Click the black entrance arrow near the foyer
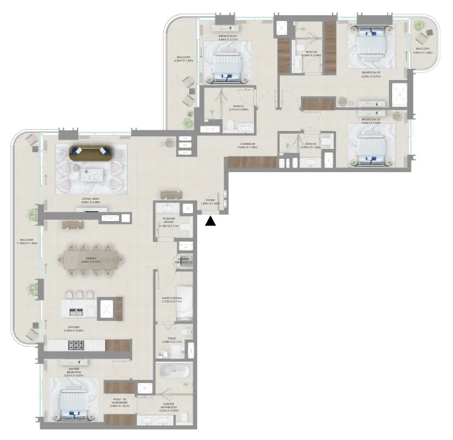pyautogui.click(x=210, y=222)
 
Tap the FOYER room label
pyautogui.click(x=212, y=202)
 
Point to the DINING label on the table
pyautogui.click(x=89, y=259)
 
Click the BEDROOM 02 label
pyautogui.click(x=370, y=74)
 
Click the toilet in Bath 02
pyautogui.click(x=299, y=46)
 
